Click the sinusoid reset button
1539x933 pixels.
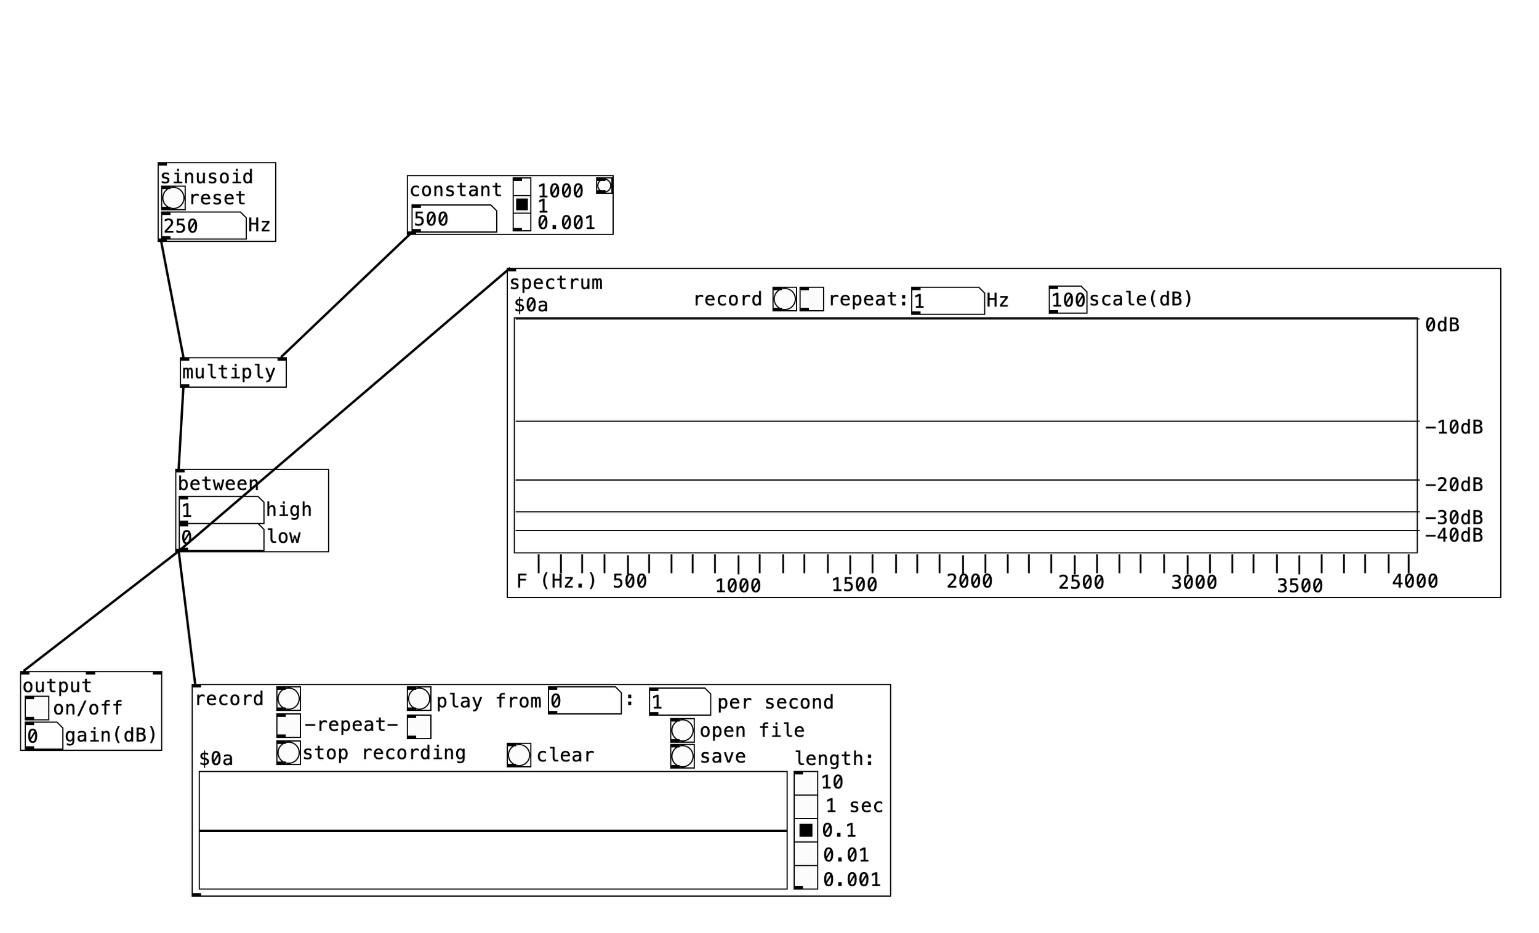[x=173, y=198]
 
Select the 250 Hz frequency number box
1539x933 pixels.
[x=203, y=225]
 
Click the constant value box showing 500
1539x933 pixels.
[x=454, y=219]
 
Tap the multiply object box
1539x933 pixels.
[x=233, y=373]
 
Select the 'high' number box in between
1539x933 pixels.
[x=221, y=510]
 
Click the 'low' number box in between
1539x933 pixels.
[x=221, y=537]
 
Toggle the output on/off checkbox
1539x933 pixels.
[x=37, y=708]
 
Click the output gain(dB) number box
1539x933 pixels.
[x=44, y=735]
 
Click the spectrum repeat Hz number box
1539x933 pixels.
[x=947, y=301]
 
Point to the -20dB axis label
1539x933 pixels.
[x=1453, y=484]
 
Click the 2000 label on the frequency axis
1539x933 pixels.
[x=969, y=582]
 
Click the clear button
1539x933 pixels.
[x=518, y=755]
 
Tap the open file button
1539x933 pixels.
[x=682, y=730]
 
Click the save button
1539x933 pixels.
[x=682, y=756]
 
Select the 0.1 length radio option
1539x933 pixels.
[x=806, y=831]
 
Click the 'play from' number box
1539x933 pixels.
[x=585, y=701]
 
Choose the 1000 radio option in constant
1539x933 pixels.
[x=521, y=186]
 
